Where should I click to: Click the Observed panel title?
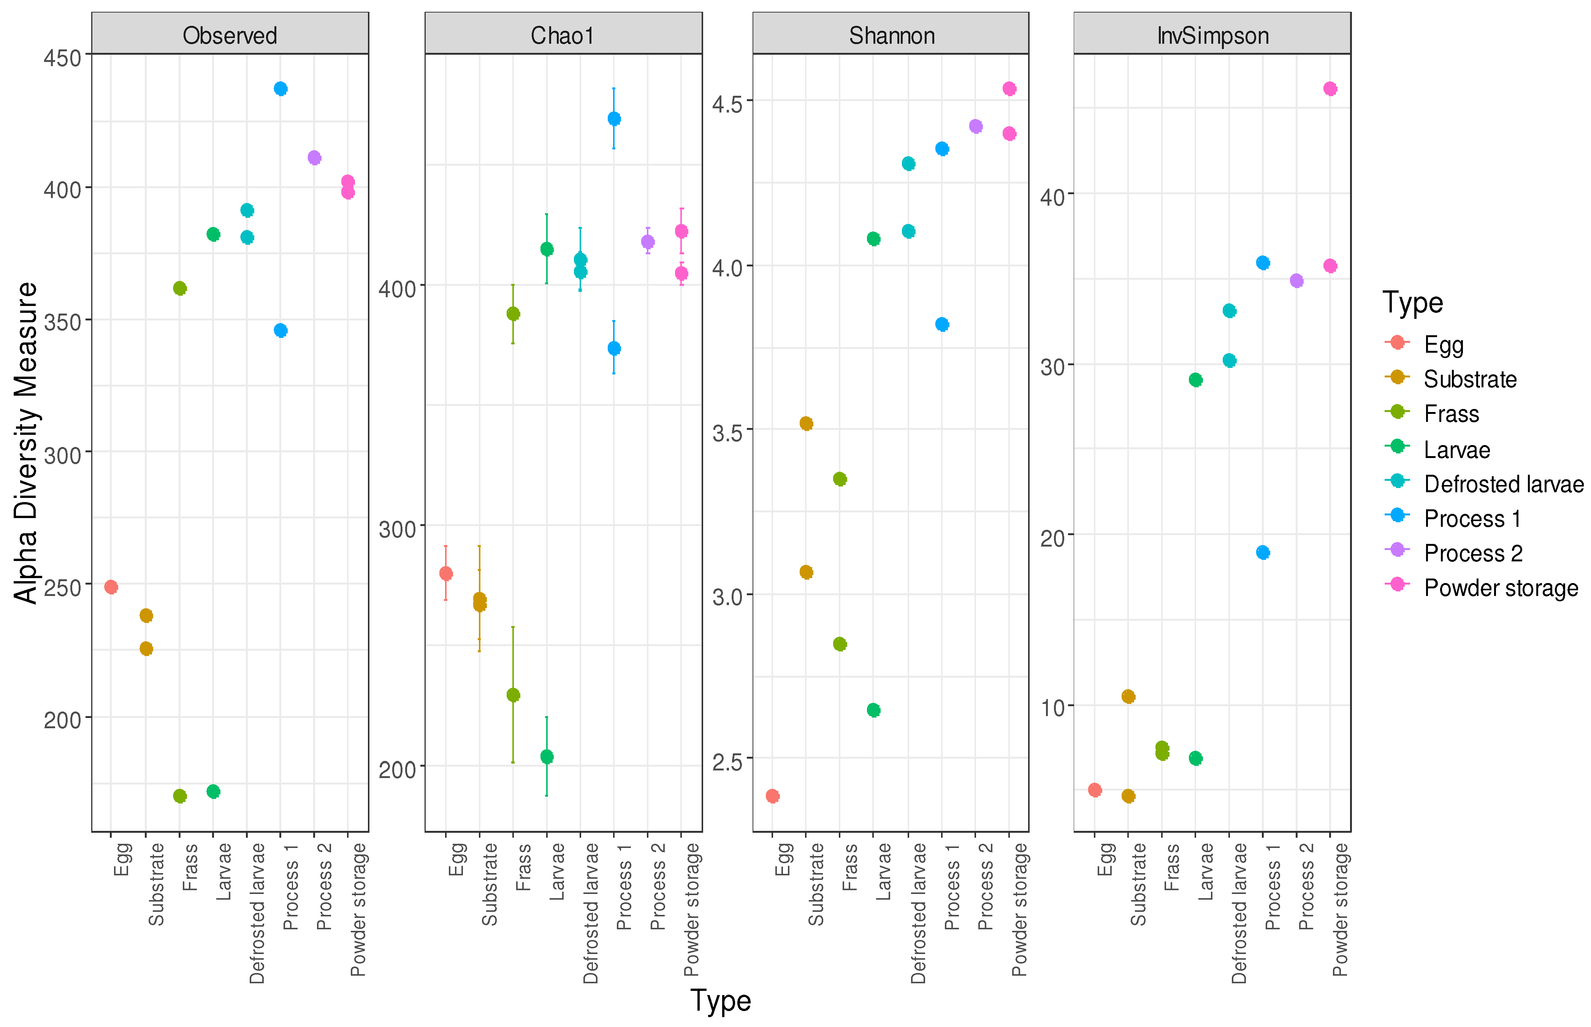tap(230, 35)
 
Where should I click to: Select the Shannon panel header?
tap(891, 35)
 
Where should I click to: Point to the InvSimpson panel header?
tap(1212, 35)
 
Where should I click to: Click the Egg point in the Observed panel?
tap(111, 587)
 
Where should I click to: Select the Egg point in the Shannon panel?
tap(773, 796)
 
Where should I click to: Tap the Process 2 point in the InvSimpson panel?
tap(1296, 281)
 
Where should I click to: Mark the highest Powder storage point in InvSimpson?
tap(1330, 89)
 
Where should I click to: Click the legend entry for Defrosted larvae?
tap(1503, 484)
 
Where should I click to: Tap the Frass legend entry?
tap(1451, 414)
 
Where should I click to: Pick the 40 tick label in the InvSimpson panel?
tap(1052, 197)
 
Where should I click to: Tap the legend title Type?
tap(1412, 303)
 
